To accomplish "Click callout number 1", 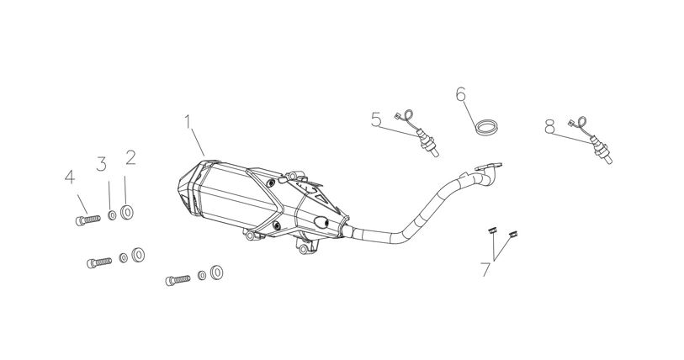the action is [x=188, y=122].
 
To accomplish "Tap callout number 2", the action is [x=131, y=157].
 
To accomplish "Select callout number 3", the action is [x=101, y=164].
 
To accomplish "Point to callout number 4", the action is [x=70, y=177].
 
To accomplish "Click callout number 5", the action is [x=376, y=119].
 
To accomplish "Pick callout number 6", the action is [x=461, y=94].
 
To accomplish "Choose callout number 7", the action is [x=486, y=270].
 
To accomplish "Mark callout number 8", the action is [x=549, y=126].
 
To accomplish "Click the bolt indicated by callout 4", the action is [x=88, y=220].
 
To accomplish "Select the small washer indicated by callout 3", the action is [x=112, y=215].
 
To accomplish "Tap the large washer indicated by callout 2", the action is [x=127, y=213].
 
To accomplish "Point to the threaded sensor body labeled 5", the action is [x=427, y=142].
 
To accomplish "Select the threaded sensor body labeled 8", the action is [x=602, y=150].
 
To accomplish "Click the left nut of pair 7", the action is [x=492, y=230].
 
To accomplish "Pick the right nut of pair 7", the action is [x=513, y=235].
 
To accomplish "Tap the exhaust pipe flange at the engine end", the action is [x=489, y=167].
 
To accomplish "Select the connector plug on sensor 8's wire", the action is [x=571, y=124].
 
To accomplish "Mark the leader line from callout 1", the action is [x=198, y=142].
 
